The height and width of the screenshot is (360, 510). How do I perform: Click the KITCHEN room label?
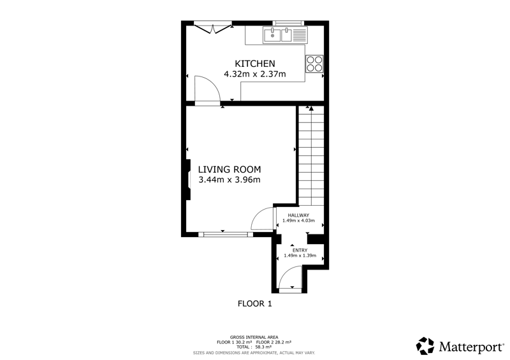[x=254, y=64]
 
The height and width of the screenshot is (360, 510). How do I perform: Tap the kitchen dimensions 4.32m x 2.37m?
[x=254, y=74]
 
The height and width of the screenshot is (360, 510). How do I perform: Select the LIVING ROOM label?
[x=229, y=169]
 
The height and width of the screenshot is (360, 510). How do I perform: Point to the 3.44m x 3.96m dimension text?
[x=229, y=180]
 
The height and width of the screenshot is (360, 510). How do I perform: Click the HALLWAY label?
[x=298, y=215]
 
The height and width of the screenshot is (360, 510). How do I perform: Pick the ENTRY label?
[x=300, y=250]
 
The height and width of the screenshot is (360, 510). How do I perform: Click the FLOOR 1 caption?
[x=254, y=304]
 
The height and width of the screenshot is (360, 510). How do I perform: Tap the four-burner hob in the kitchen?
[x=314, y=64]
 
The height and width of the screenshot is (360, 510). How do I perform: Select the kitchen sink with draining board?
[x=285, y=35]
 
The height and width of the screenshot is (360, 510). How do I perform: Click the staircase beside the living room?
[x=311, y=155]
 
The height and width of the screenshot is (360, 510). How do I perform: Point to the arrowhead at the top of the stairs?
[x=311, y=108]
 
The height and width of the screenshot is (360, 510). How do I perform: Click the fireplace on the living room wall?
[x=187, y=180]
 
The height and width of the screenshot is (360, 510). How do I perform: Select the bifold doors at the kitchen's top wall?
[x=213, y=28]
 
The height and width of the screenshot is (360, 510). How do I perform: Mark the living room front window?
[x=226, y=234]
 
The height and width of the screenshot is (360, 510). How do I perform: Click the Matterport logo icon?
[x=425, y=346]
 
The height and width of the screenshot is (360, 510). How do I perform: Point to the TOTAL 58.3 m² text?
[x=254, y=347]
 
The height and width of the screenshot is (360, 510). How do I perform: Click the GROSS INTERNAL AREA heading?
[x=254, y=338]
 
